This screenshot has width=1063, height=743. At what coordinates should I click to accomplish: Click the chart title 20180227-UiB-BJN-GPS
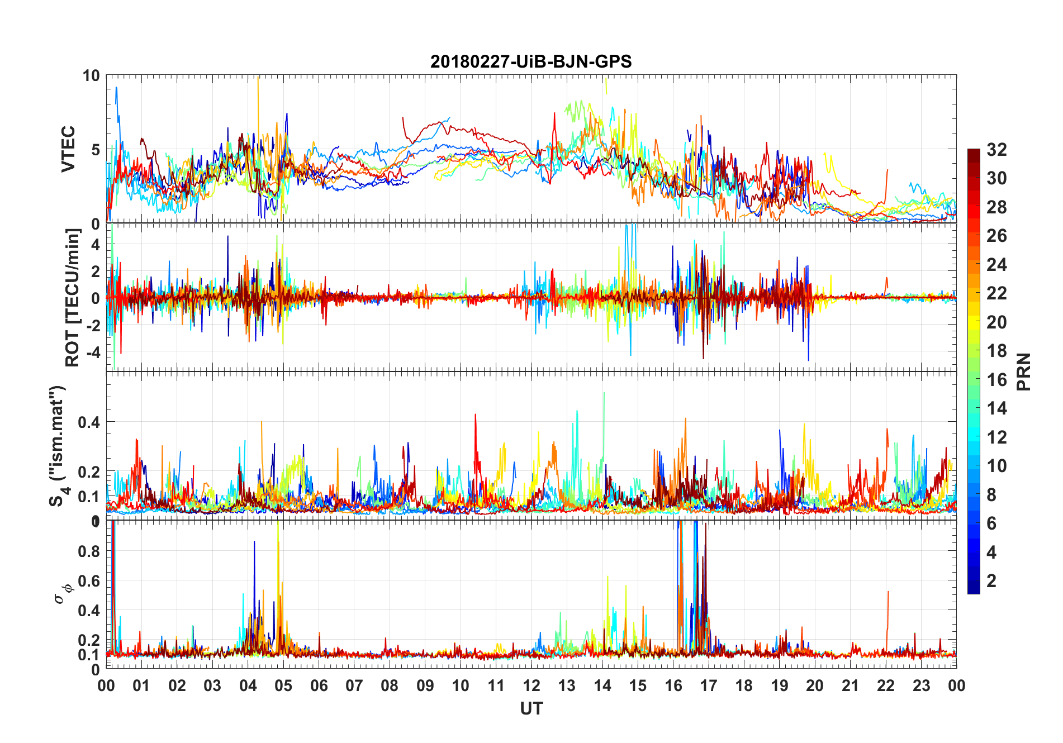click(x=531, y=61)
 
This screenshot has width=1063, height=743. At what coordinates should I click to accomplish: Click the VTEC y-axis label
click(x=68, y=149)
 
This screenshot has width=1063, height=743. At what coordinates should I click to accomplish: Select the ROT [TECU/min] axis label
click(x=73, y=298)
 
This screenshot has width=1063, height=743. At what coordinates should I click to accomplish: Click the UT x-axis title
click(x=531, y=708)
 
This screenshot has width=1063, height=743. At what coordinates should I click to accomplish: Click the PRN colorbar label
click(x=1024, y=371)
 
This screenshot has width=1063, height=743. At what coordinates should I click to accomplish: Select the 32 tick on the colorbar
click(x=996, y=149)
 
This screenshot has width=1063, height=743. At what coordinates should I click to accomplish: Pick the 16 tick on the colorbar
click(x=996, y=380)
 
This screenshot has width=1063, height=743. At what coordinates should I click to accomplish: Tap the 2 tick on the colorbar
click(x=991, y=581)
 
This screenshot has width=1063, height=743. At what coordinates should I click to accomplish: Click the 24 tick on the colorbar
click(x=996, y=264)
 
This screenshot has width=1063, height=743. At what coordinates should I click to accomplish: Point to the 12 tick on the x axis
click(x=531, y=685)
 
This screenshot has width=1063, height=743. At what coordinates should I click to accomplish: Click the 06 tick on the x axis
click(x=319, y=685)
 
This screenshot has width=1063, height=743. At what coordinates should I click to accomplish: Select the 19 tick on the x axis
click(x=780, y=685)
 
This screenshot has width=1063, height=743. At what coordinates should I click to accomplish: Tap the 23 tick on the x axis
click(x=921, y=685)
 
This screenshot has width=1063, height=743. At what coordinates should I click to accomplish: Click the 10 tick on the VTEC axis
click(x=91, y=75)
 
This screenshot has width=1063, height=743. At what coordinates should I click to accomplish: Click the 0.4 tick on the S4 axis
click(x=89, y=422)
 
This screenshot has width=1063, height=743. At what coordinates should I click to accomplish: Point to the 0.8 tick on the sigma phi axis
click(x=89, y=551)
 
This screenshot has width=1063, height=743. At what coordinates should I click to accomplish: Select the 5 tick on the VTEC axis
click(x=95, y=150)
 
